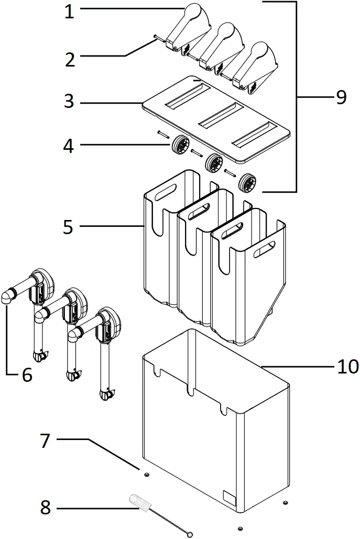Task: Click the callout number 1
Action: coord(69,12)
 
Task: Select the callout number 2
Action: coord(70,59)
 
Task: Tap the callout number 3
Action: coord(69,101)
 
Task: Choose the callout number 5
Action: coord(69,227)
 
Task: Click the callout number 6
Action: coord(26,375)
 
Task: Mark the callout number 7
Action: coord(45,441)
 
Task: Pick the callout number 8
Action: coord(46,507)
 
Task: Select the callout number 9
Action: coord(341,97)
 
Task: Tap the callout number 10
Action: coord(347,366)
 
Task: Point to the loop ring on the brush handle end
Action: coord(190,534)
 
